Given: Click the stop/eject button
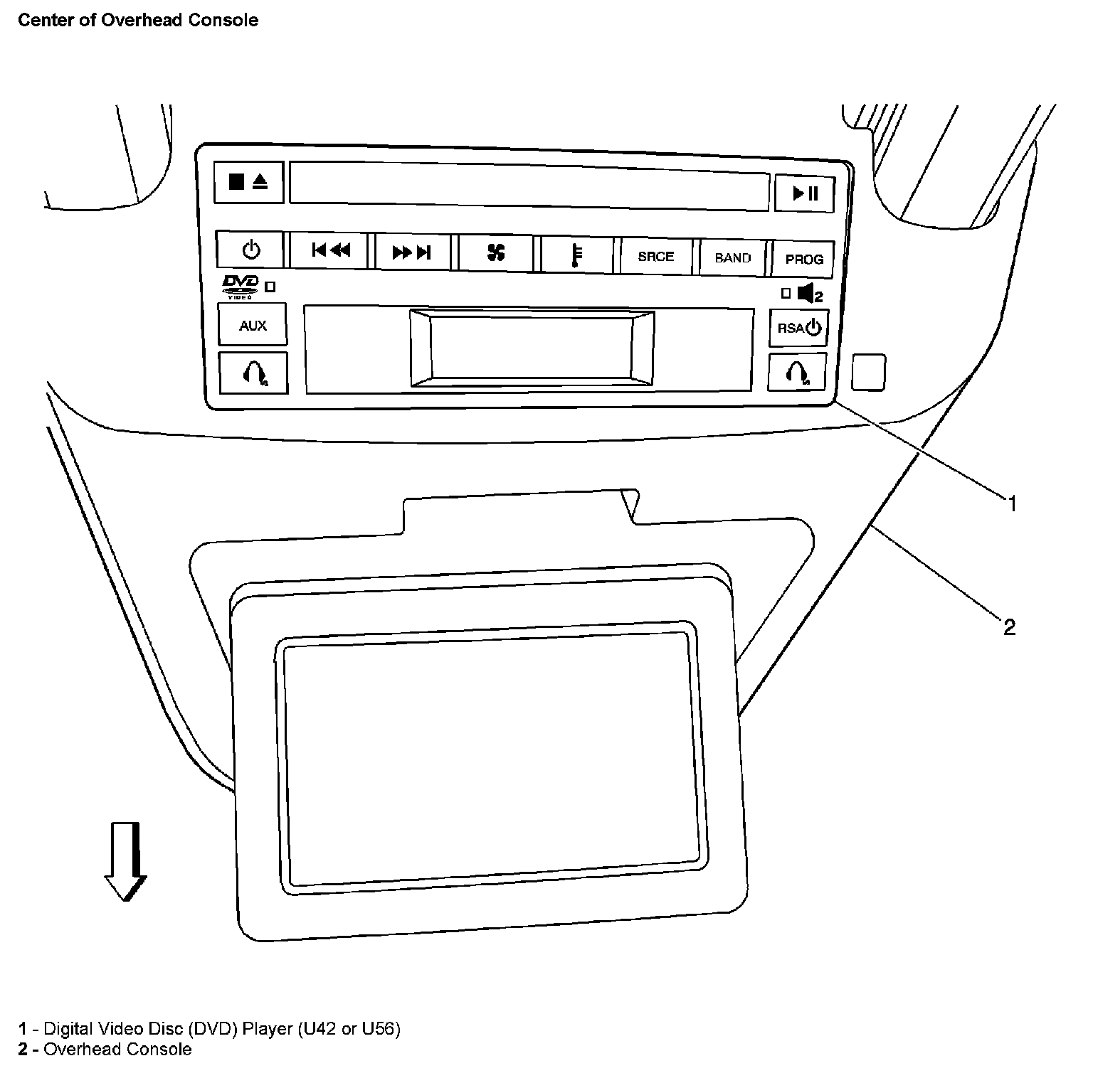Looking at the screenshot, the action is [x=248, y=182].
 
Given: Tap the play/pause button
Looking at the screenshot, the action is [x=805, y=193].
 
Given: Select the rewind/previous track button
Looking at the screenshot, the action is [x=330, y=250].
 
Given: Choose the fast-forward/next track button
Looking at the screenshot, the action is [x=412, y=252].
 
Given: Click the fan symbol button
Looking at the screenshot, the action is [x=495, y=252].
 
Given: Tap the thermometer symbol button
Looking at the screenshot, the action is [x=576, y=255].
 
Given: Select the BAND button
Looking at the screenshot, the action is [x=732, y=257].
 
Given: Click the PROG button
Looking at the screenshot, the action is [x=803, y=260].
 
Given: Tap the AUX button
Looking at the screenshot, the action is [x=253, y=325].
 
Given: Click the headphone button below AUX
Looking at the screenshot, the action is [x=253, y=372].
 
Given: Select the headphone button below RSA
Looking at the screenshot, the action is [x=797, y=372].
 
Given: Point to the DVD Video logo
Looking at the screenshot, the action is [x=241, y=285].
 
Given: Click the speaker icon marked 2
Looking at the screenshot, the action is [x=809, y=293].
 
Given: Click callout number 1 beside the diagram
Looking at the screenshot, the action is [x=1011, y=504].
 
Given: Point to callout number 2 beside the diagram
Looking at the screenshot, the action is [x=1009, y=627].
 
